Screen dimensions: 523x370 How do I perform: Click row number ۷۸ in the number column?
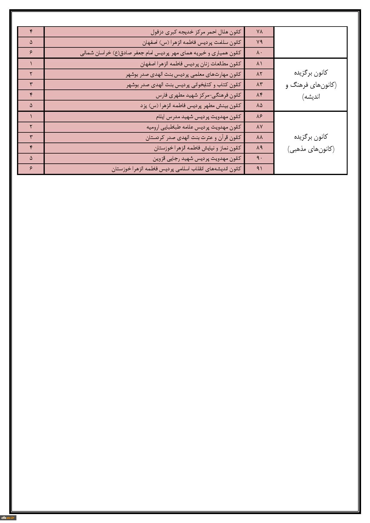pos(259,32)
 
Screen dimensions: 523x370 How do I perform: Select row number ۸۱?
pos(259,64)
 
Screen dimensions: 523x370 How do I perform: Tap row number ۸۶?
pos(259,116)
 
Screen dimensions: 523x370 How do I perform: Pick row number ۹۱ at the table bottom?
pos(259,168)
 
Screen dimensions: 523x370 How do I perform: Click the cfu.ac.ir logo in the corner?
pos(8,517)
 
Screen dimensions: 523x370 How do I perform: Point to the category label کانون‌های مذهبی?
pos(311,149)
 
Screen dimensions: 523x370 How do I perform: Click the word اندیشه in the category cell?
pos(311,97)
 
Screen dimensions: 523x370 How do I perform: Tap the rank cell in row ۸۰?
pos(31,53)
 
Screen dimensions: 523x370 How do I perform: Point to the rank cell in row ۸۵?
pos(31,105)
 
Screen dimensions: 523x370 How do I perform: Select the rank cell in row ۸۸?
pos(31,137)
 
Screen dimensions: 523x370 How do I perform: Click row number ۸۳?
pos(259,84)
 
